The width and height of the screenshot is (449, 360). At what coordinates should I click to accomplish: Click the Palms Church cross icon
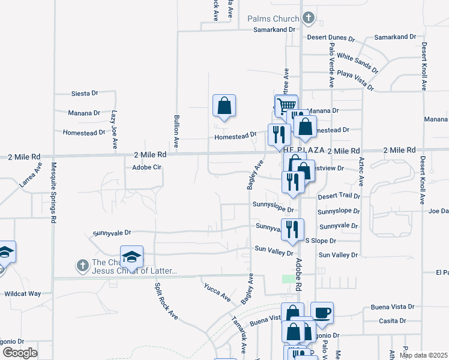(x=309, y=17)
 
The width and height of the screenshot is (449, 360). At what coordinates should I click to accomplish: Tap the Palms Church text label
(x=273, y=18)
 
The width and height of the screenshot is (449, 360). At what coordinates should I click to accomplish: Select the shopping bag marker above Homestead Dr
(x=224, y=106)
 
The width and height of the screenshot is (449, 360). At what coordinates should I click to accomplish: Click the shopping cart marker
(x=286, y=105)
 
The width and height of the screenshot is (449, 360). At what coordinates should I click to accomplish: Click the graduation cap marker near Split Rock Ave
(x=132, y=257)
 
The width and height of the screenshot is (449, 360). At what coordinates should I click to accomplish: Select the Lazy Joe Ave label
(x=113, y=129)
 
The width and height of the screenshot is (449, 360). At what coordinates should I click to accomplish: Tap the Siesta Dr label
(x=84, y=94)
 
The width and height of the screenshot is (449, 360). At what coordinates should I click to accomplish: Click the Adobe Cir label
(x=148, y=167)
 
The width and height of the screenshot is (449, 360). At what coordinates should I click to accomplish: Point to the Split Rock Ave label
(x=166, y=300)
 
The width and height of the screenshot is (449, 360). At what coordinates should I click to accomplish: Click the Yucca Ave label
(x=217, y=292)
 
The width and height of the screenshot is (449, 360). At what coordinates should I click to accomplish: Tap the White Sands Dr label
(x=357, y=62)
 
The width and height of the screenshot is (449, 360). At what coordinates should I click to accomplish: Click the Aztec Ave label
(x=361, y=170)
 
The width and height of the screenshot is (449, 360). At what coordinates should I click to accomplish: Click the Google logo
(x=19, y=352)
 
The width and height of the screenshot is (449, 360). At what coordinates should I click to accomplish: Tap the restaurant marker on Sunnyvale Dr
(x=293, y=229)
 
